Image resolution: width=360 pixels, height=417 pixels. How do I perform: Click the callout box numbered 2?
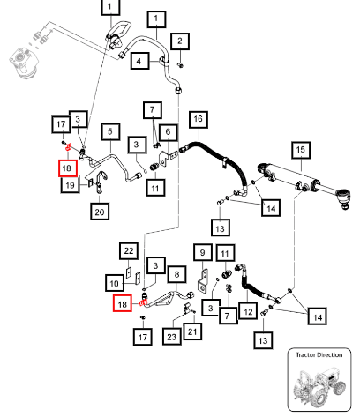click(180, 41)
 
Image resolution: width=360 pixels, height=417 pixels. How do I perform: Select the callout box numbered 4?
click(139, 61)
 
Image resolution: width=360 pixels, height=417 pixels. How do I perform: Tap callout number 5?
click(110, 131)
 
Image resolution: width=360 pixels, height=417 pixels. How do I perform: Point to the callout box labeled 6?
click(169, 132)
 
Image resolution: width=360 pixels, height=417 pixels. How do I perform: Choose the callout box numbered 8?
click(176, 274)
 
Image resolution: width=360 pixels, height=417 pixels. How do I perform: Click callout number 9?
click(203, 252)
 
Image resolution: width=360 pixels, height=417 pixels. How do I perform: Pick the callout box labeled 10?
click(115, 283)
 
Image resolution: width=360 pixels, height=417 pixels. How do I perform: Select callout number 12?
click(248, 312)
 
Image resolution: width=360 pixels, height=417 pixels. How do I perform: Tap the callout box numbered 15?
click(301, 150)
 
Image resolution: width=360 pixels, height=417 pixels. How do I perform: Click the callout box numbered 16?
click(199, 120)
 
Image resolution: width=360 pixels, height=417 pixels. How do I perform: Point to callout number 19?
click(70, 185)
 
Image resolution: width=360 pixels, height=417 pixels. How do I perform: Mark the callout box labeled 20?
click(100, 212)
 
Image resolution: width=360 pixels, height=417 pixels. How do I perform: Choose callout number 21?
click(192, 331)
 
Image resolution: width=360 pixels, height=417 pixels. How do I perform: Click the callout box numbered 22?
click(129, 251)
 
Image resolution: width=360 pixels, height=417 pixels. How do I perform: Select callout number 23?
click(172, 337)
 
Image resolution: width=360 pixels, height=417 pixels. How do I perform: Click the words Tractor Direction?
click(319, 355)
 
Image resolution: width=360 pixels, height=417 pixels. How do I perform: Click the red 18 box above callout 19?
click(68, 168)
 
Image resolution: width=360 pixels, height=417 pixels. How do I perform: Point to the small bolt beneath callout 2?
click(181, 65)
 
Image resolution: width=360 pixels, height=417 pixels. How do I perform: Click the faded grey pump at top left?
click(25, 63)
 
